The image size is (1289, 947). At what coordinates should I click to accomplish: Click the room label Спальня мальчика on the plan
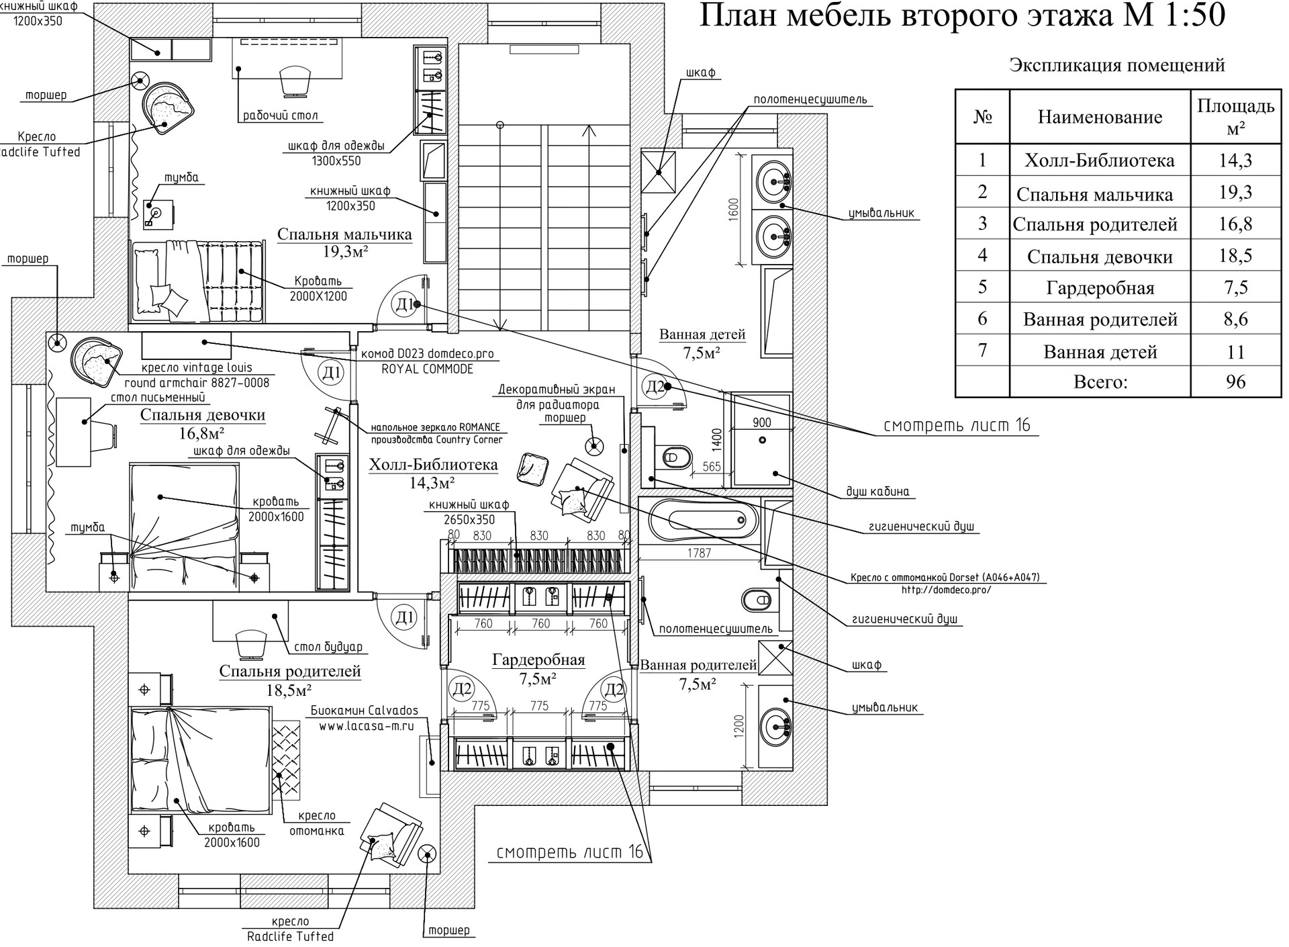(344, 234)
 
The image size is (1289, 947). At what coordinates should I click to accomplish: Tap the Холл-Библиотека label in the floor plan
(433, 465)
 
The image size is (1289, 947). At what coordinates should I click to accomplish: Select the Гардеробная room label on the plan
(538, 660)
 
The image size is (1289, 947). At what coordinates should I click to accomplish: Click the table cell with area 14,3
(1235, 161)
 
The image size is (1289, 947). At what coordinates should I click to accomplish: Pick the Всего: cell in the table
(1100, 382)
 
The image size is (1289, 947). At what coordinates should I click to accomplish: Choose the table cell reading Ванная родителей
(1100, 320)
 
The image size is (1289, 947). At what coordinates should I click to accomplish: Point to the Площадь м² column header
(1235, 117)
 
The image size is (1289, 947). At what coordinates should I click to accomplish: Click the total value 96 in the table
(1235, 382)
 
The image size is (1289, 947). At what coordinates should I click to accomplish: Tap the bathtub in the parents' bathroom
(698, 519)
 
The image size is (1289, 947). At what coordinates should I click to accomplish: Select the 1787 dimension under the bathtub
(699, 553)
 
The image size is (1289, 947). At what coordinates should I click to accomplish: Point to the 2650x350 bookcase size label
(469, 519)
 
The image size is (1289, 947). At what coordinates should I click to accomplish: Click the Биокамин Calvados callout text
(365, 711)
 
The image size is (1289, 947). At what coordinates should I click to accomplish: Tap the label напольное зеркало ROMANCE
(436, 427)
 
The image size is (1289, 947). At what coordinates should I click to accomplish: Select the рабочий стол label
(280, 116)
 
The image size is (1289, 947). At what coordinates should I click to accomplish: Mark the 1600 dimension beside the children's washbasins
(733, 209)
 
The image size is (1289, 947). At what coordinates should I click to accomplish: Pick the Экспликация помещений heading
(1117, 66)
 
